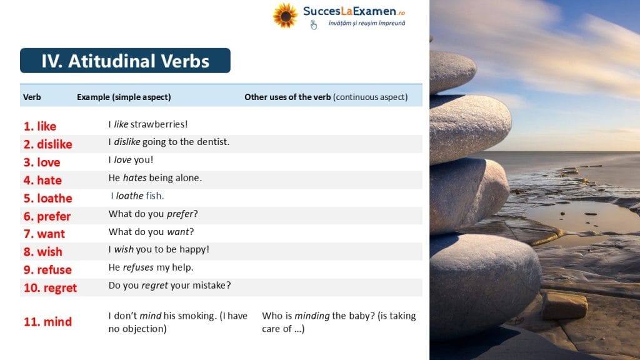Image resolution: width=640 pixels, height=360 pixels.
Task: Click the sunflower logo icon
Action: pyautogui.click(x=285, y=16)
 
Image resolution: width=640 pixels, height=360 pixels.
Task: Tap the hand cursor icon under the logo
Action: pyautogui.click(x=314, y=25)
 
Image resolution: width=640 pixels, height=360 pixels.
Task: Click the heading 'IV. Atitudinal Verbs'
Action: pyautogui.click(x=125, y=61)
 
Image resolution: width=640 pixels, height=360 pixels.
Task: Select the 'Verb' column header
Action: pyautogui.click(x=32, y=97)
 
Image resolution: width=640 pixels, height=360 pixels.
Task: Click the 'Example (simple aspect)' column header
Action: pyautogui.click(x=124, y=97)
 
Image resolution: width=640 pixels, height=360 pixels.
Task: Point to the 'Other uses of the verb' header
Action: pyautogui.click(x=287, y=97)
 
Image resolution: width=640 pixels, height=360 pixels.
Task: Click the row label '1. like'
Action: pyautogui.click(x=40, y=126)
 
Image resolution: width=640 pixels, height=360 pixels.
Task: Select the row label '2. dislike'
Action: pyautogui.click(x=47, y=144)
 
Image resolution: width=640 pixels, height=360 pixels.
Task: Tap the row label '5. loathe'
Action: pyautogui.click(x=47, y=198)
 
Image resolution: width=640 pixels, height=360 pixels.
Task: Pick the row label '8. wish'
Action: pyautogui.click(x=43, y=252)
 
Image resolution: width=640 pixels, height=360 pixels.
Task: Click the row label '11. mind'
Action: pyautogui.click(x=47, y=322)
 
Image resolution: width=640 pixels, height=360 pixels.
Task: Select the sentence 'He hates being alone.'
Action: pyautogui.click(x=155, y=178)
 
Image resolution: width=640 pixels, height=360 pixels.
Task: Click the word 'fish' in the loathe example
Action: pyautogui.click(x=154, y=196)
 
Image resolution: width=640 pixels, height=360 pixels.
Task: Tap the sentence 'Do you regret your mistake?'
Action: pyautogui.click(x=170, y=285)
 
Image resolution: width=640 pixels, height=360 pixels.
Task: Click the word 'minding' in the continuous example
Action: pyautogui.click(x=312, y=316)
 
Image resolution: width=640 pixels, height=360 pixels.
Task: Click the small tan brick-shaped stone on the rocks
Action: pyautogui.click(x=564, y=305)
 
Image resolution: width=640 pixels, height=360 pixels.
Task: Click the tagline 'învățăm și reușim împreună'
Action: pyautogui.click(x=367, y=23)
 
